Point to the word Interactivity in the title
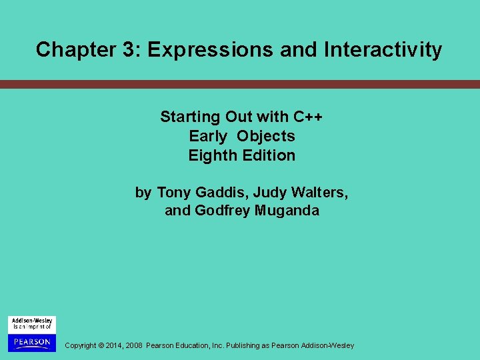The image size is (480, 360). [x=383, y=50]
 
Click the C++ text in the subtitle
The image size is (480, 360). [x=308, y=117]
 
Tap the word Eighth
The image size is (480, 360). [x=211, y=155]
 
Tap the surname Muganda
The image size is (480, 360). [x=287, y=211]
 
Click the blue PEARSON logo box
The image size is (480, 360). [x=31, y=342]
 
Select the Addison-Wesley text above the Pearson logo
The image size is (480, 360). [x=31, y=321]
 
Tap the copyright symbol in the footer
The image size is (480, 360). [x=101, y=345]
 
